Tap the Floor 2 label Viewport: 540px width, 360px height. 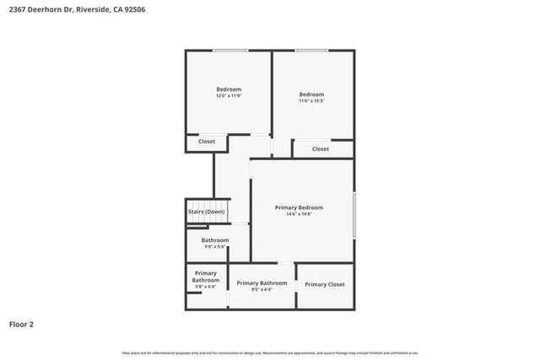tap(22, 323)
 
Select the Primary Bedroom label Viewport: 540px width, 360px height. tap(299, 207)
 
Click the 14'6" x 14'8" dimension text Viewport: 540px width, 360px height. tap(299, 215)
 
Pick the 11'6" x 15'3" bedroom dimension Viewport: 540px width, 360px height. tap(311, 101)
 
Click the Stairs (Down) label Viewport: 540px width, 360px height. tap(206, 212)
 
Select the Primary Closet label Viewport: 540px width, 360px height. tap(325, 284)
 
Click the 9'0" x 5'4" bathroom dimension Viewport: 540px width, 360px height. tap(214, 248)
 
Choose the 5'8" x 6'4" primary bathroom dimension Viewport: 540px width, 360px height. tap(206, 287)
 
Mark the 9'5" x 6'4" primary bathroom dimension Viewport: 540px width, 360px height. tap(262, 290)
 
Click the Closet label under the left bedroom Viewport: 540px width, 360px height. tap(207, 142)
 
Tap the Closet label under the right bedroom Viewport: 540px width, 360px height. tap(321, 149)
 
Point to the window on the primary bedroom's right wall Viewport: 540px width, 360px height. tap(354, 214)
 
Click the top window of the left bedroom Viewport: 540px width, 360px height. tap(224, 51)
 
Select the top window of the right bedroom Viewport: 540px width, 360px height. tap(311, 51)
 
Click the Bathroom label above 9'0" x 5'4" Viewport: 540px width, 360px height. tap(214, 240)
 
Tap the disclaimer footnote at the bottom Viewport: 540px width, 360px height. tap(270, 352)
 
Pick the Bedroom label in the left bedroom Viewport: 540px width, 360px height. tap(229, 89)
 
